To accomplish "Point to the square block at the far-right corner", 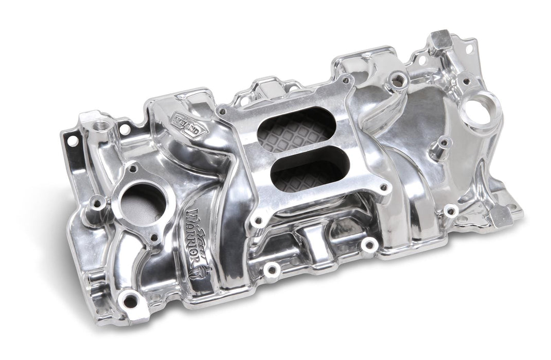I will tap(501, 218).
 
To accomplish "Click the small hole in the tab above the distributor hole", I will tap(468, 49).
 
